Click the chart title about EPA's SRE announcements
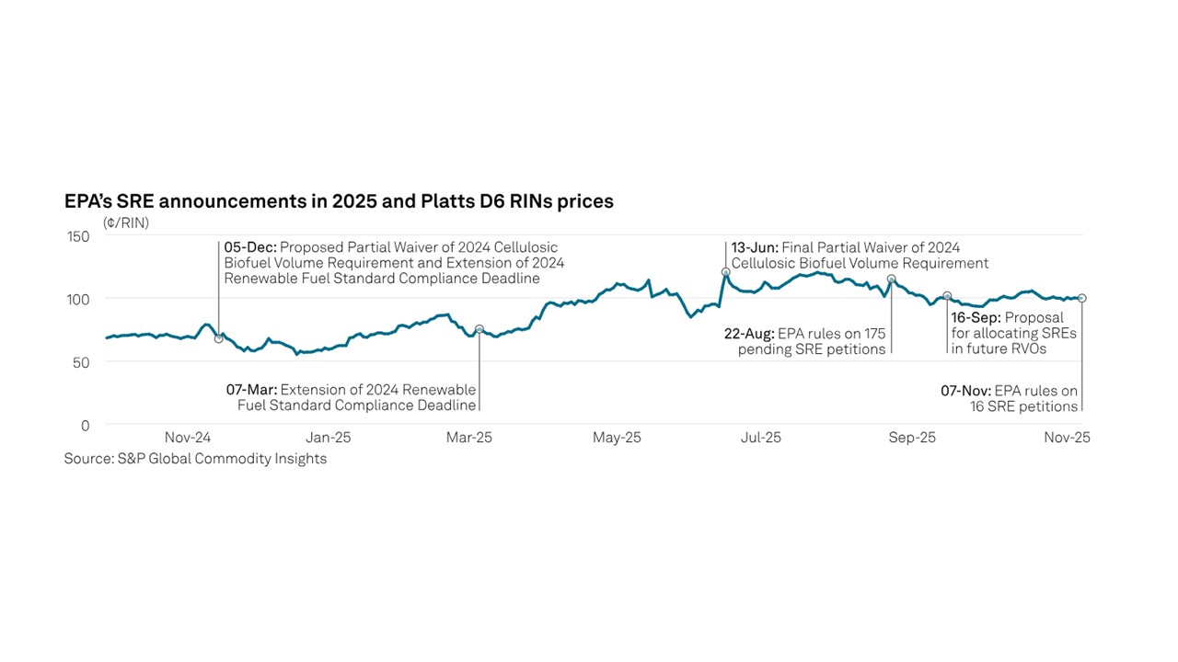coord(339,201)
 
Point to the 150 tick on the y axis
coord(79,236)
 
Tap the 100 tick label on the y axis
coord(79,300)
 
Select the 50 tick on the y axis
coord(82,362)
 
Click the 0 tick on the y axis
coord(86,426)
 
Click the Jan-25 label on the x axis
coord(328,438)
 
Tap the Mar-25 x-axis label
coord(469,438)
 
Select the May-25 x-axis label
coord(618,438)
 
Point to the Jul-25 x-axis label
coord(761,438)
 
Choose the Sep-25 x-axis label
coord(913,438)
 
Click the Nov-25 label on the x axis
coord(1067,438)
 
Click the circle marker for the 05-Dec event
coord(218,338)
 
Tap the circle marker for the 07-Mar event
coord(479,329)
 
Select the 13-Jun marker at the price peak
coord(725,272)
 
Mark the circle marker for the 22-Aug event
coord(891,279)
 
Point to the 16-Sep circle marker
coord(947,296)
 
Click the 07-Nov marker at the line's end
coord(1081,298)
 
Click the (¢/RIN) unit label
coord(126,223)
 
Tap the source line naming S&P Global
coord(195,459)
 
